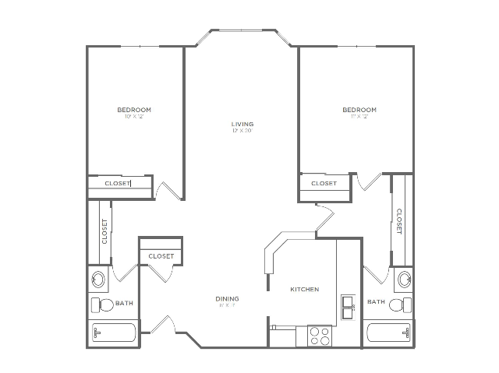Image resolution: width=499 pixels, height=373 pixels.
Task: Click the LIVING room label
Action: click(x=242, y=124)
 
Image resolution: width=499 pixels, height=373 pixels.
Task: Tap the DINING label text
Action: click(x=228, y=298)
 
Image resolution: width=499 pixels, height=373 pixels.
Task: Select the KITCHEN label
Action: click(x=304, y=289)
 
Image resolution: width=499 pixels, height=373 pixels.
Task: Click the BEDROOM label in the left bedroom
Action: click(x=134, y=110)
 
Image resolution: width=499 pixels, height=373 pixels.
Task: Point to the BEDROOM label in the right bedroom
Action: click(x=359, y=110)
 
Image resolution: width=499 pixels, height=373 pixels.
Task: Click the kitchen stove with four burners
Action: click(x=320, y=335)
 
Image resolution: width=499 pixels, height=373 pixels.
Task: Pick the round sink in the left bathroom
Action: click(x=100, y=278)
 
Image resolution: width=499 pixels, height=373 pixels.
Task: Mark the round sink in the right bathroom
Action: click(x=403, y=278)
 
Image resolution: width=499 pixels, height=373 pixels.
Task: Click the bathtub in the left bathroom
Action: click(x=113, y=333)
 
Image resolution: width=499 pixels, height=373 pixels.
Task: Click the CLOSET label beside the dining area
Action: click(x=161, y=255)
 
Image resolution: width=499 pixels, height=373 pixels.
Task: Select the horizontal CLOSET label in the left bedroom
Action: click(x=119, y=184)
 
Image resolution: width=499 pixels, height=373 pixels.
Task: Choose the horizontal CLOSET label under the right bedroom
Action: click(x=324, y=184)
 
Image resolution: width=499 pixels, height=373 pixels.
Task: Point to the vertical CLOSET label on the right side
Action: click(x=398, y=221)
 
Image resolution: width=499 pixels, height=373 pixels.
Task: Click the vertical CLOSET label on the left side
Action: click(x=104, y=231)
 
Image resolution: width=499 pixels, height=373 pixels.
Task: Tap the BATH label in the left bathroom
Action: click(x=124, y=302)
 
